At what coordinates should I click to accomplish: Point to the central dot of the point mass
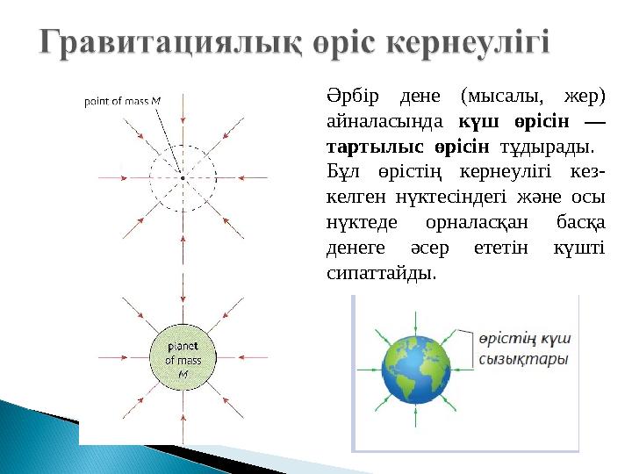183,178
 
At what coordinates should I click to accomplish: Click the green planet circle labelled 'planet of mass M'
183,360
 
